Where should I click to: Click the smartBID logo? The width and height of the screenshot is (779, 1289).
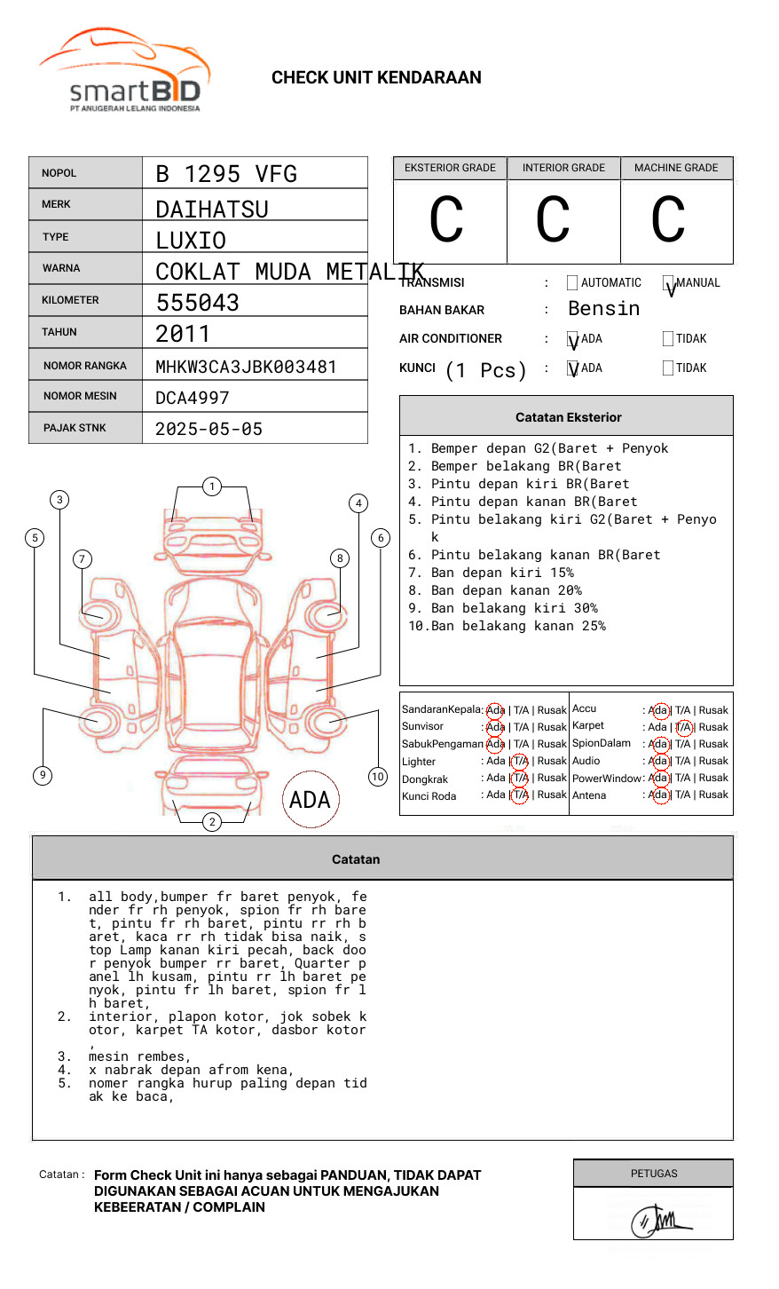point(124,69)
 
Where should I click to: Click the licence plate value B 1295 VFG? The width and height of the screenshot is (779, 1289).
point(226,174)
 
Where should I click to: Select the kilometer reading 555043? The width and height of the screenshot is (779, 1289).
point(197,303)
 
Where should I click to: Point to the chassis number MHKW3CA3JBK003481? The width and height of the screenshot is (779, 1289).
point(246,367)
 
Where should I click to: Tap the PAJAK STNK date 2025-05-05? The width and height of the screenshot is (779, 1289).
point(209,429)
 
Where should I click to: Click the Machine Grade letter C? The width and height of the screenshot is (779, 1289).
point(668,218)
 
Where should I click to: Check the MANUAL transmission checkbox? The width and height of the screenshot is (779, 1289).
point(668,282)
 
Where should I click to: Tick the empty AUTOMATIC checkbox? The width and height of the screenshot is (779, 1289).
point(572,282)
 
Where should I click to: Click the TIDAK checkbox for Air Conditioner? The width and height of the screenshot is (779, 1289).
point(668,338)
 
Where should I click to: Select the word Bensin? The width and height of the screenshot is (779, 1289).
point(603,308)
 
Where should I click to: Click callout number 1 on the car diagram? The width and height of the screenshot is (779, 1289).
point(212,486)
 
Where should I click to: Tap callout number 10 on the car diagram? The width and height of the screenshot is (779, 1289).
point(377,777)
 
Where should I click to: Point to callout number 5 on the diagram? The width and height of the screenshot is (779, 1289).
point(35,538)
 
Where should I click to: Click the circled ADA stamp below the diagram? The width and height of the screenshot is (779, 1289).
point(311,799)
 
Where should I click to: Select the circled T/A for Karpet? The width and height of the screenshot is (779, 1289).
point(683,727)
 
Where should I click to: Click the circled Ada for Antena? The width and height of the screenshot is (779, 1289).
point(660,795)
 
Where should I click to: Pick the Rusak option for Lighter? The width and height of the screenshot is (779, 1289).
point(552,761)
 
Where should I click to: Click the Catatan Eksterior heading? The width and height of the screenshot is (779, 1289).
point(569,417)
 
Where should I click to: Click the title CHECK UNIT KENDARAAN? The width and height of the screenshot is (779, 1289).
point(376,78)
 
